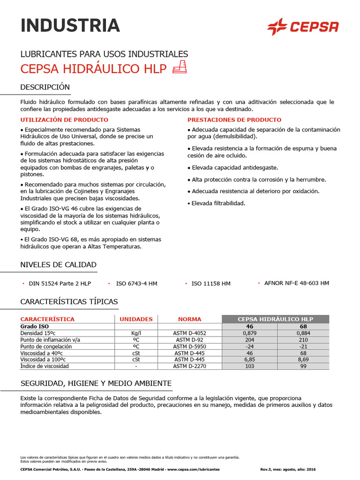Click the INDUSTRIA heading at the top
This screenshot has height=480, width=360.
70,25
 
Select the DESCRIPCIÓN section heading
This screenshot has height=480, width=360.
45,87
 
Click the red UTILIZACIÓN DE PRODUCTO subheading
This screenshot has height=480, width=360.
58,120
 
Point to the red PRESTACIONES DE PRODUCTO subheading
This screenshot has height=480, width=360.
234,120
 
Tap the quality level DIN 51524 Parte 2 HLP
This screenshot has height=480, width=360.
60,284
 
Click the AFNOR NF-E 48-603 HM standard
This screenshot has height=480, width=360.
296,283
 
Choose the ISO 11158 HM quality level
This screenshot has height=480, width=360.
211,284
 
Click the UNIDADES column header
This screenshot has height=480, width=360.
136,319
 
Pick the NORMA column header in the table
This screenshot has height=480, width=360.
189,319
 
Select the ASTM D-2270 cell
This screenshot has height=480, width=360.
189,366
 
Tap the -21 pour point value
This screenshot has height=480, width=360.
303,346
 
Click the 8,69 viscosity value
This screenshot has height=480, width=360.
303,360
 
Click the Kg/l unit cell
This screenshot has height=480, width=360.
136,333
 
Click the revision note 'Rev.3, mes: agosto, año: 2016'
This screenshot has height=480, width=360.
288,469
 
